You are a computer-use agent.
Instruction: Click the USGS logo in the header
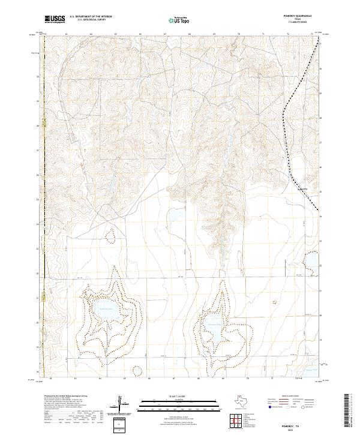click(x=55, y=19)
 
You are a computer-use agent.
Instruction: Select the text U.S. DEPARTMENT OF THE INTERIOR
click(x=91, y=17)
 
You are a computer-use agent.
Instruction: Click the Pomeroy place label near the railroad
click(x=304, y=189)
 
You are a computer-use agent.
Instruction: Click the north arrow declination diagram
click(x=123, y=403)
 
